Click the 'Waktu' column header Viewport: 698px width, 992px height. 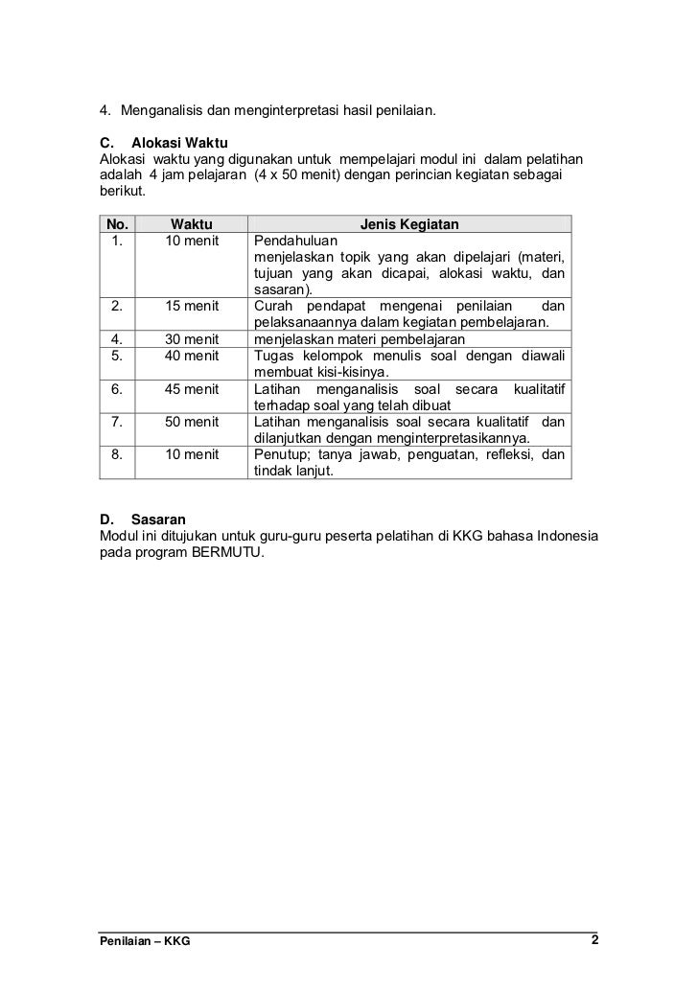coord(192,225)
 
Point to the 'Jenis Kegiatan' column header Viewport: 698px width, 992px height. coord(409,225)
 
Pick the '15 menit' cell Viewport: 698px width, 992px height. coord(192,307)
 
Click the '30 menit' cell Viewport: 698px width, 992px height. coord(192,339)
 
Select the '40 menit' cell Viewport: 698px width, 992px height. coord(192,356)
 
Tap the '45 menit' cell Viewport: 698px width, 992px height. coord(192,389)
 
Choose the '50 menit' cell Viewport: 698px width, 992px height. coord(192,422)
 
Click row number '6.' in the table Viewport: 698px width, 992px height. coord(116,389)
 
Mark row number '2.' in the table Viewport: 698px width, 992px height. coord(116,307)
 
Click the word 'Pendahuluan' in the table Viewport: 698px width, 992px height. coord(291,242)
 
